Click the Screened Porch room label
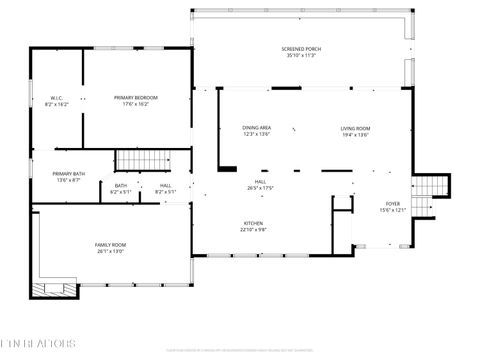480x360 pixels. click(301, 49)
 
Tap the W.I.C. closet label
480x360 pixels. click(57, 97)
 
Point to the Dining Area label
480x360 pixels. click(257, 128)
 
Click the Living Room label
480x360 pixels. click(355, 128)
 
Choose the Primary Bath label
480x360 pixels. click(69, 174)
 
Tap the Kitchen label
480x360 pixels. click(254, 223)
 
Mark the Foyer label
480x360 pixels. click(393, 204)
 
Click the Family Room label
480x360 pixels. click(110, 245)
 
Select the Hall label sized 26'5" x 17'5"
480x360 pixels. click(260, 182)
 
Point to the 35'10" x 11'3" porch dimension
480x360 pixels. click(301, 56)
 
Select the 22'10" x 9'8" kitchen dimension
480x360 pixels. click(254, 229)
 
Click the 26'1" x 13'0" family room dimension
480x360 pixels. click(110, 251)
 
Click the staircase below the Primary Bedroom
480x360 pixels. click(139, 160)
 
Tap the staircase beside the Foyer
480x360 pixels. click(431, 187)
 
